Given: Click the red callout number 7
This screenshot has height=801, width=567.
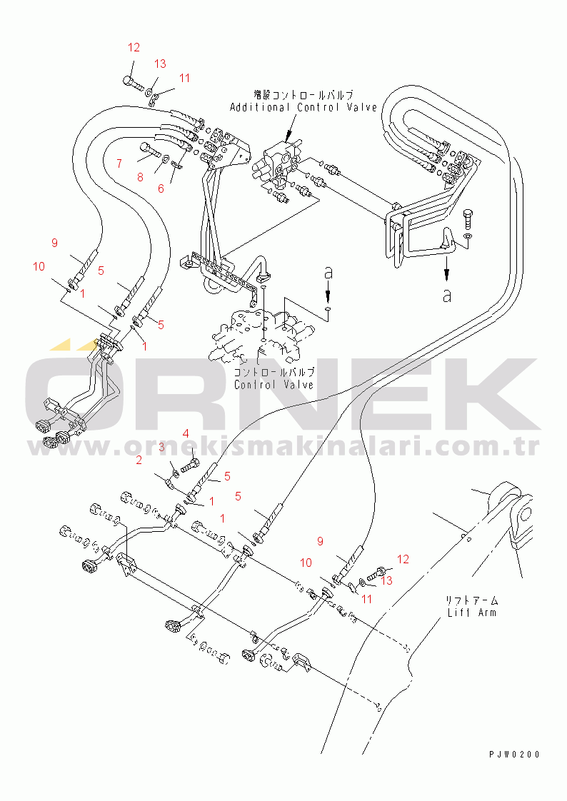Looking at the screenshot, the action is pos(119,163).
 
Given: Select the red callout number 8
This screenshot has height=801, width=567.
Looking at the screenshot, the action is pos(140,177).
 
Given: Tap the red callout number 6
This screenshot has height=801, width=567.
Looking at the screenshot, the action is pos(161,188).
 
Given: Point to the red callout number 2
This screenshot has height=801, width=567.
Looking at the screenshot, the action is pos(139,460).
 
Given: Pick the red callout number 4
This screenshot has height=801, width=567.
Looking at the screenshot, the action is pos(186,434).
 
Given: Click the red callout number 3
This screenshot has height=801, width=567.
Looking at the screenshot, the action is pos(161,448).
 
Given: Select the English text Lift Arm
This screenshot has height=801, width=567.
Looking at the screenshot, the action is pos(472,612).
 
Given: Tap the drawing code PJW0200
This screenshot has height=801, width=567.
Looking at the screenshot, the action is pos(514,755).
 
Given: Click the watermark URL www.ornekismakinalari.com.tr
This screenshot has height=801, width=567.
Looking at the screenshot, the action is pos(283,448).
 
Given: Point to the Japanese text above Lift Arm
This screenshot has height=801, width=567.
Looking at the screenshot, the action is pos(471,600).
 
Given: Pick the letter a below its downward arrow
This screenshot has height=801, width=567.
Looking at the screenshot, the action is pos(447,295).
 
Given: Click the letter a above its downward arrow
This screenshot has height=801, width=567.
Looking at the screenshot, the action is pos(329,272).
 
